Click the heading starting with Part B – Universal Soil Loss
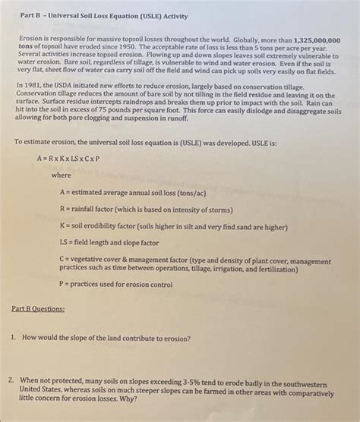coord(102,15)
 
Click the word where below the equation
coord(60,175)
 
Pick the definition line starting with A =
coord(127,193)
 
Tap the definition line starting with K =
coord(172,225)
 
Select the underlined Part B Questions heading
coord(38,309)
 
